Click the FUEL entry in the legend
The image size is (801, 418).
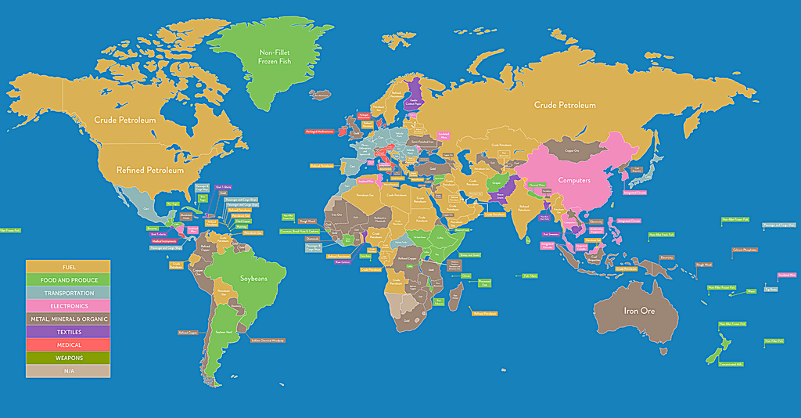click(x=68, y=267)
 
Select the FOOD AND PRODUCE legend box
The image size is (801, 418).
click(x=68, y=279)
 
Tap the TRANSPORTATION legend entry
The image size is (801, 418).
click(x=68, y=293)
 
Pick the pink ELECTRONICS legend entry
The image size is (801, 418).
click(x=68, y=306)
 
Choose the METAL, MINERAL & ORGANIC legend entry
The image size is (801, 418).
click(x=68, y=319)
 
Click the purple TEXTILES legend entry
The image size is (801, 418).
click(x=68, y=332)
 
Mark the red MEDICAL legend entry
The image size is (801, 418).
click(x=68, y=345)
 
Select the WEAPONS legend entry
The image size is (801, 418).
click(x=68, y=358)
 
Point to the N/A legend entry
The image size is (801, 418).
click(x=68, y=371)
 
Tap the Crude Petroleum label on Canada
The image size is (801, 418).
click(x=125, y=120)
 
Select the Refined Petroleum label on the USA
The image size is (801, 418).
click(x=150, y=170)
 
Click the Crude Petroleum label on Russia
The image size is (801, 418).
click(x=565, y=105)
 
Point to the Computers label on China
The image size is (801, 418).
click(x=574, y=180)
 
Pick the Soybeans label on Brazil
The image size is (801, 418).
click(x=253, y=279)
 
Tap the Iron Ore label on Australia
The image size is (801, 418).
click(x=638, y=311)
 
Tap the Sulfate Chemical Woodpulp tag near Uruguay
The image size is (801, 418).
click(x=267, y=341)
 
